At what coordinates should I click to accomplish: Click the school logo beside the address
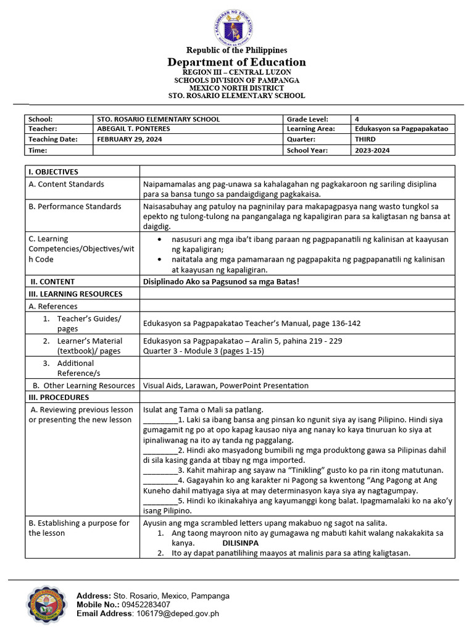click(47, 605)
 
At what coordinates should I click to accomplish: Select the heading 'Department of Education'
click(237, 62)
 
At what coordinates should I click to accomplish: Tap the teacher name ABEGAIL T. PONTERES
click(134, 129)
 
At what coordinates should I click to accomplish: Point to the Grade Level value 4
click(357, 119)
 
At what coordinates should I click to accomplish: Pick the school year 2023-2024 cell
click(372, 150)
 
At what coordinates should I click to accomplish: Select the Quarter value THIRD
click(365, 139)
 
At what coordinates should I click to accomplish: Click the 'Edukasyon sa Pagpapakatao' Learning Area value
click(401, 129)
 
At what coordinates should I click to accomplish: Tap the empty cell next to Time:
click(188, 150)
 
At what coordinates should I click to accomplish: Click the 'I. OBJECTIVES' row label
click(54, 172)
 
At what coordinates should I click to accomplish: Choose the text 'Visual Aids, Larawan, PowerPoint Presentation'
click(225, 386)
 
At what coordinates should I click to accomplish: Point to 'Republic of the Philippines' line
click(237, 50)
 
